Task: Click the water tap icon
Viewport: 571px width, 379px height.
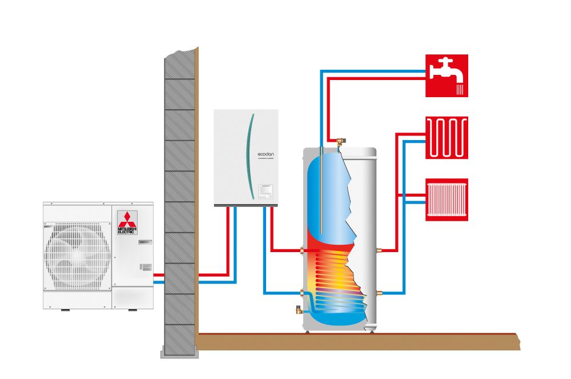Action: pyautogui.click(x=447, y=75)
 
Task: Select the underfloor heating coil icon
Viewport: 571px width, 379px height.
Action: pyautogui.click(x=447, y=138)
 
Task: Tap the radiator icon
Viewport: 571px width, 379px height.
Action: pyautogui.click(x=447, y=200)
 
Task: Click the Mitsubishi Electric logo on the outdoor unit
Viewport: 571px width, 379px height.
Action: pyautogui.click(x=127, y=222)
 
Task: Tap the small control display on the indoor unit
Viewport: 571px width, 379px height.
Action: pyautogui.click(x=266, y=189)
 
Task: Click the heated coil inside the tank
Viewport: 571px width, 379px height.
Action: pyautogui.click(x=337, y=274)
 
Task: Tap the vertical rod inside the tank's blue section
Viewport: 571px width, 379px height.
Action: pyautogui.click(x=323, y=189)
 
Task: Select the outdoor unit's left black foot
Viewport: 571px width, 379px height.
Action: pyautogui.click(x=65, y=310)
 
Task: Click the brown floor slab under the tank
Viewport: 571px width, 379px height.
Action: pyautogui.click(x=354, y=342)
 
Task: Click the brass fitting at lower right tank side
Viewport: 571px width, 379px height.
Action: pyautogui.click(x=378, y=293)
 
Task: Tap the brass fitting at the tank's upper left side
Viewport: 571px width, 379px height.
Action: pyautogui.click(x=302, y=250)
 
